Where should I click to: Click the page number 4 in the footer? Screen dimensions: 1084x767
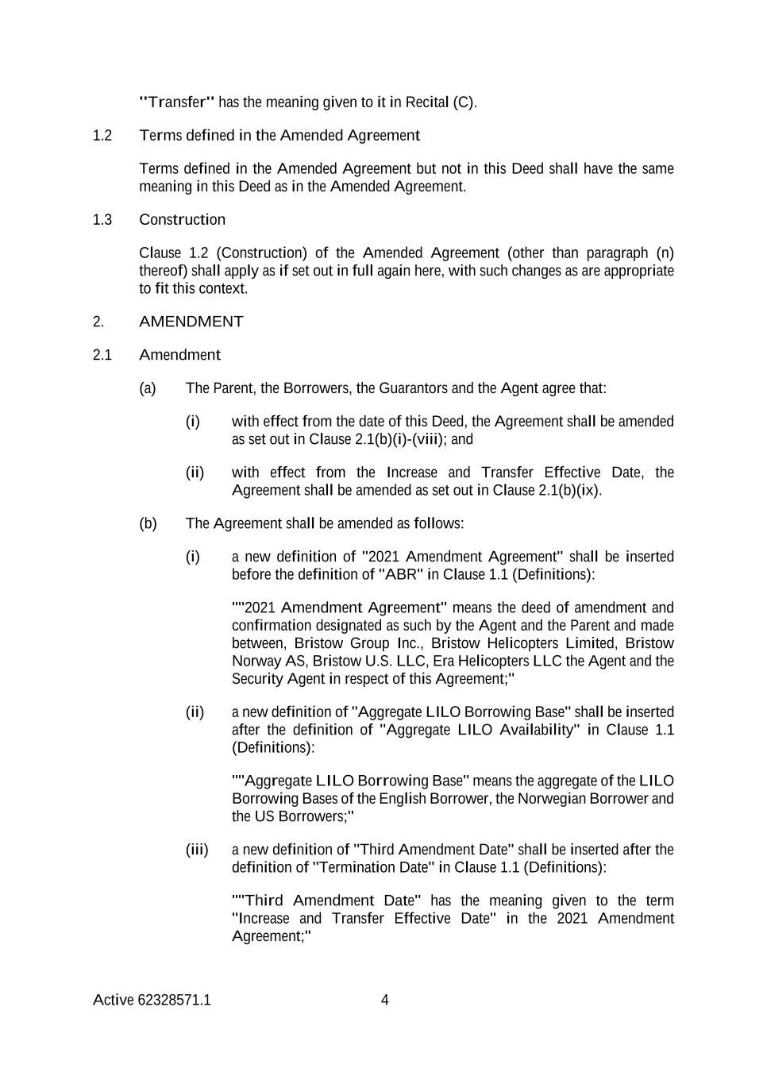click(385, 1000)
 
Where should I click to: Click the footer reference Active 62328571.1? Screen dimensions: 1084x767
click(152, 1000)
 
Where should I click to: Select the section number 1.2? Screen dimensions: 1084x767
click(102, 136)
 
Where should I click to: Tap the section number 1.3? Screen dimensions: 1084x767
click(102, 220)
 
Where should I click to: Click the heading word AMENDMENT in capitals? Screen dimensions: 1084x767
click(191, 322)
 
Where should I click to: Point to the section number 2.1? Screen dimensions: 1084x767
click(102, 355)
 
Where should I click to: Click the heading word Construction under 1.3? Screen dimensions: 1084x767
click(182, 220)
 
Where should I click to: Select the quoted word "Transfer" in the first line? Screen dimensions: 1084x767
click(176, 102)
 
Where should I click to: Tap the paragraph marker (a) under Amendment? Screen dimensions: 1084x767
click(148, 388)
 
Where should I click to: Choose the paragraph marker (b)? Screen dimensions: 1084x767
click(148, 523)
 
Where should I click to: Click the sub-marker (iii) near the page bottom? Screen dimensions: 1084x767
click(197, 850)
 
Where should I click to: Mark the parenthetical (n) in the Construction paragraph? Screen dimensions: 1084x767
click(665, 253)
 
